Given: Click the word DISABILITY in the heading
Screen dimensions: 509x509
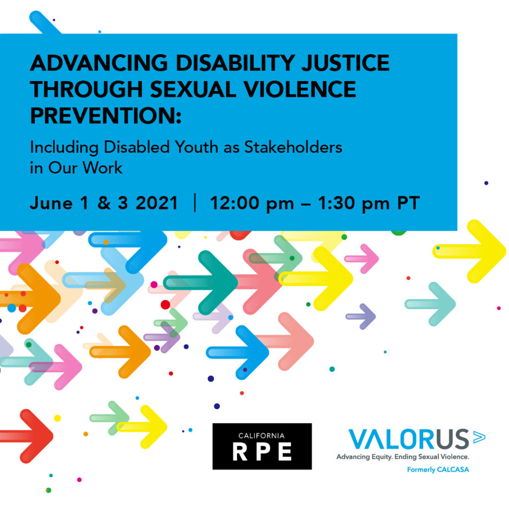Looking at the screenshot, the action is point(235,63).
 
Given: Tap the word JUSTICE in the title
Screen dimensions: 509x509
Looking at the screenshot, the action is point(345,63).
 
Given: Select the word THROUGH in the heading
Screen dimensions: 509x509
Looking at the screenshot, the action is point(86,89).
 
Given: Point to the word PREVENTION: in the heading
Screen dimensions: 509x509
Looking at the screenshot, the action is point(106,116).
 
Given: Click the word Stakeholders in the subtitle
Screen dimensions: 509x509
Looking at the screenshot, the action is point(293,147).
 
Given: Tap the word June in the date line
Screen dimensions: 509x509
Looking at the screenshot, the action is point(51,203).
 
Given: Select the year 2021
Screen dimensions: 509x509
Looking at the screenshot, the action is point(157,203).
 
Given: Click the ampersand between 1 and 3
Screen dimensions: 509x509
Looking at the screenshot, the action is point(104,203).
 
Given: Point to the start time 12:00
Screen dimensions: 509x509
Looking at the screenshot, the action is point(235,203).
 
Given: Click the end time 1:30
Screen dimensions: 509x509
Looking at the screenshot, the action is point(337,203).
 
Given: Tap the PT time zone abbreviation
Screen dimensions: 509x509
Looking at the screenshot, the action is point(409,203).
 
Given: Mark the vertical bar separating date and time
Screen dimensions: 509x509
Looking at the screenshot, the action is point(195,203).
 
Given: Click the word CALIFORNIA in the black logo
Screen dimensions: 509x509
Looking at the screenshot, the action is point(261,435).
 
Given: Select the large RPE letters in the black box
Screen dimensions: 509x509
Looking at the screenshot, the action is point(262,452).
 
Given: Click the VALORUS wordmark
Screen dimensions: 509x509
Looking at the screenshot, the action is point(409,439).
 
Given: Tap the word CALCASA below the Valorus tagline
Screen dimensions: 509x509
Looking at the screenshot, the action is point(453,469).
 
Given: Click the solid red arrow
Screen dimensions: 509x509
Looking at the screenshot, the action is point(27,436).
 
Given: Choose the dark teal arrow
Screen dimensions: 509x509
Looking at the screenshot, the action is point(201,283).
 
